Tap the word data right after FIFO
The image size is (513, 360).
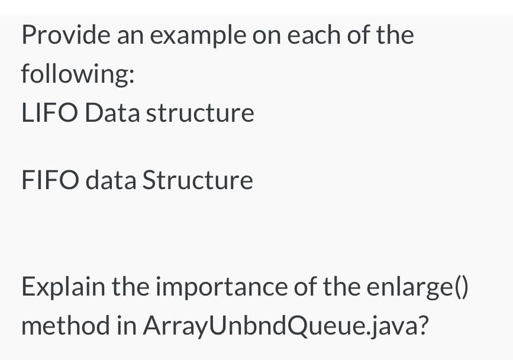tap(110, 180)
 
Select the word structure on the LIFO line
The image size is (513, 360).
tap(200, 113)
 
